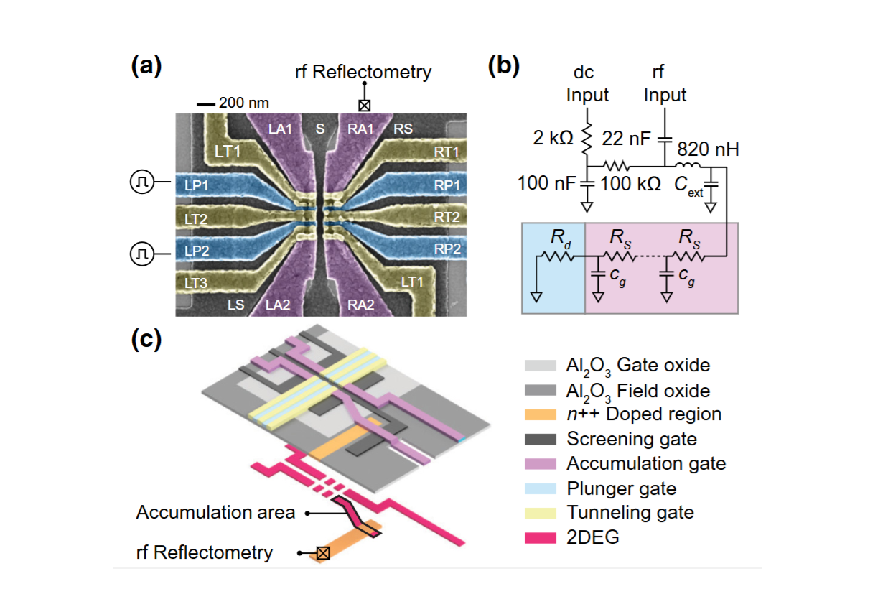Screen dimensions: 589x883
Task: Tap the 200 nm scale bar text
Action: click(x=243, y=103)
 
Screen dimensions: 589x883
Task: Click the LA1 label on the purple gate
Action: click(x=280, y=129)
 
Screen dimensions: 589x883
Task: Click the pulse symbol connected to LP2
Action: click(x=140, y=251)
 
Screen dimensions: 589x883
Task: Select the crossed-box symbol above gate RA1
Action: click(x=365, y=105)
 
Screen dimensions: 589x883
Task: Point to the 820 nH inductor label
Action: click(x=709, y=150)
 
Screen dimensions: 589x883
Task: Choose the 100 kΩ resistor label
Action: click(x=630, y=183)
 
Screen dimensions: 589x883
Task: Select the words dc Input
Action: click(x=587, y=84)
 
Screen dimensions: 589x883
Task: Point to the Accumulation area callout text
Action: click(x=215, y=513)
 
